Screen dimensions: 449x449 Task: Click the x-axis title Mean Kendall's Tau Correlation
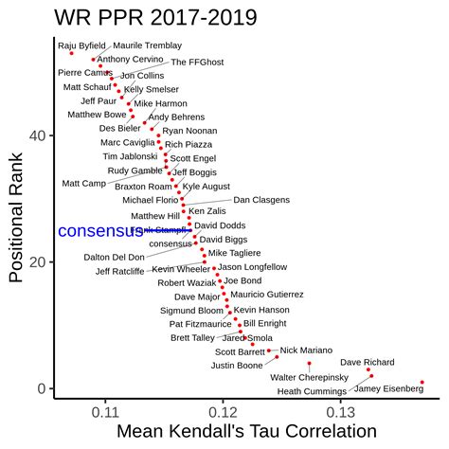(245, 432)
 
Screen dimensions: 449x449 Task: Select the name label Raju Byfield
(81, 45)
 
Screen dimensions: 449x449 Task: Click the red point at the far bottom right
(422, 383)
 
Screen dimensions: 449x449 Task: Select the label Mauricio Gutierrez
(266, 295)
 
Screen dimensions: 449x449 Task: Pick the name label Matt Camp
(84, 183)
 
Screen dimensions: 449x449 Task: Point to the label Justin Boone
(237, 365)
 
